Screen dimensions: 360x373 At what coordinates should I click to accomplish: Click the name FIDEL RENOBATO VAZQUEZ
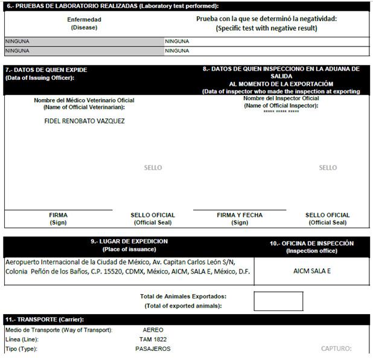pyautogui.click(x=84, y=121)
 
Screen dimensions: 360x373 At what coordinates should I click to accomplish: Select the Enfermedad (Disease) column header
pyautogui.click(x=84, y=23)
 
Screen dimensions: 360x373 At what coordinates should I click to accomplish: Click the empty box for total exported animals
pyautogui.click(x=278, y=301)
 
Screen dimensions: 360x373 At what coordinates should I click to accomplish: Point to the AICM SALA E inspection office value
pyautogui.click(x=311, y=271)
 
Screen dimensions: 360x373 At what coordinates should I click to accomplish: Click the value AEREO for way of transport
pyautogui.click(x=153, y=330)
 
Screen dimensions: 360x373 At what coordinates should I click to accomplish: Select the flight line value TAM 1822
pyautogui.click(x=153, y=339)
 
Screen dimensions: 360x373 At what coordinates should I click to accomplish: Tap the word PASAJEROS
pyautogui.click(x=153, y=349)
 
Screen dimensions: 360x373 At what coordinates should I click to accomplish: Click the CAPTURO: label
pyautogui.click(x=336, y=349)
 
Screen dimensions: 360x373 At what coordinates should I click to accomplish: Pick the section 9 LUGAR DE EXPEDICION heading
pyautogui.click(x=129, y=245)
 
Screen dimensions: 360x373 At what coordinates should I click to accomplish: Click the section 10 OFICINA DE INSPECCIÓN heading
pyautogui.click(x=311, y=246)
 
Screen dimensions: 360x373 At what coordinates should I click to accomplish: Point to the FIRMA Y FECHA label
pyautogui.click(x=240, y=219)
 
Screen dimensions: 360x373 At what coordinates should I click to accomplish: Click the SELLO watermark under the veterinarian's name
pyautogui.click(x=153, y=167)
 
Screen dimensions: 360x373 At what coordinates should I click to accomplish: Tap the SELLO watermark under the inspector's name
pyautogui.click(x=328, y=167)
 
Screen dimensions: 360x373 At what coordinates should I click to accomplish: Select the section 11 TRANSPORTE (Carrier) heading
pyautogui.click(x=45, y=319)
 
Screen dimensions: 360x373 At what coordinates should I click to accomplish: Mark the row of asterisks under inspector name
pyautogui.click(x=281, y=112)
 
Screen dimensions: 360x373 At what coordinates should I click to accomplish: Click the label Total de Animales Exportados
pyautogui.click(x=183, y=297)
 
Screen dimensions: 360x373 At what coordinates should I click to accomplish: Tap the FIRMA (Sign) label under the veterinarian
pyautogui.click(x=59, y=219)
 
